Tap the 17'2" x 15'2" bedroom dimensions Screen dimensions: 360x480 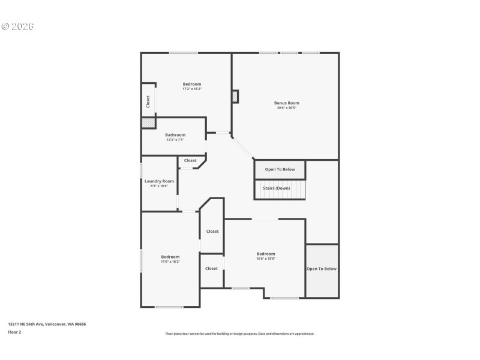coord(192,89)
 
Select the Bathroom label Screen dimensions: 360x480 coord(175,135)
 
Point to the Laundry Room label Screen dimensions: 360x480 coord(159,181)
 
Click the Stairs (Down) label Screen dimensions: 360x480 coord(276,188)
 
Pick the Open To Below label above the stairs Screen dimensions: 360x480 coord(280,169)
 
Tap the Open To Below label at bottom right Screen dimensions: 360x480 coord(322,269)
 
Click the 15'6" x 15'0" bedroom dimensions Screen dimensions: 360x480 coord(266,259)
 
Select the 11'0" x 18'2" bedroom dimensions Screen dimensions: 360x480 coord(170,262)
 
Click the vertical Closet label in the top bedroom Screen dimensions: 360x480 coord(148,101)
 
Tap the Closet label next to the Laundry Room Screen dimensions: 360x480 coord(190,160)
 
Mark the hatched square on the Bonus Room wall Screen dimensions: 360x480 coord(235,96)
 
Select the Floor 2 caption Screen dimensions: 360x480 coord(14,331)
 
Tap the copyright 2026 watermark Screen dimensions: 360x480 coord(18,26)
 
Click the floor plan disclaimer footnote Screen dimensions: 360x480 coord(239,334)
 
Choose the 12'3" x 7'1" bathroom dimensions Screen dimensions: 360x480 coord(175,140)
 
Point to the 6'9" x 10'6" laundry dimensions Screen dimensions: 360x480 coord(159,186)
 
